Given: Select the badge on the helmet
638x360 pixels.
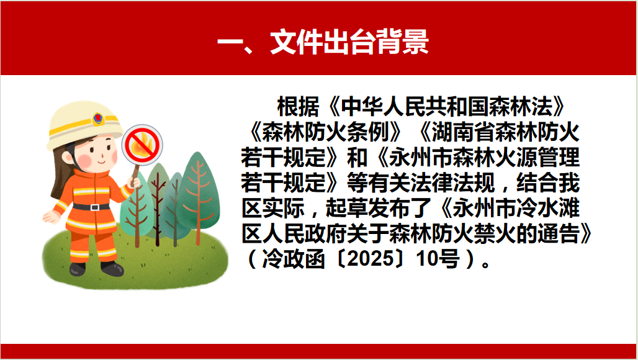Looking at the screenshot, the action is click(97, 119).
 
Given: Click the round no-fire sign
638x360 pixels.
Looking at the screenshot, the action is click(142, 145).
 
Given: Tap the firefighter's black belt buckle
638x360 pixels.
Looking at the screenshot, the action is click(94, 207).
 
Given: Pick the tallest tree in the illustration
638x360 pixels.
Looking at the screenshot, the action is click(198, 198).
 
